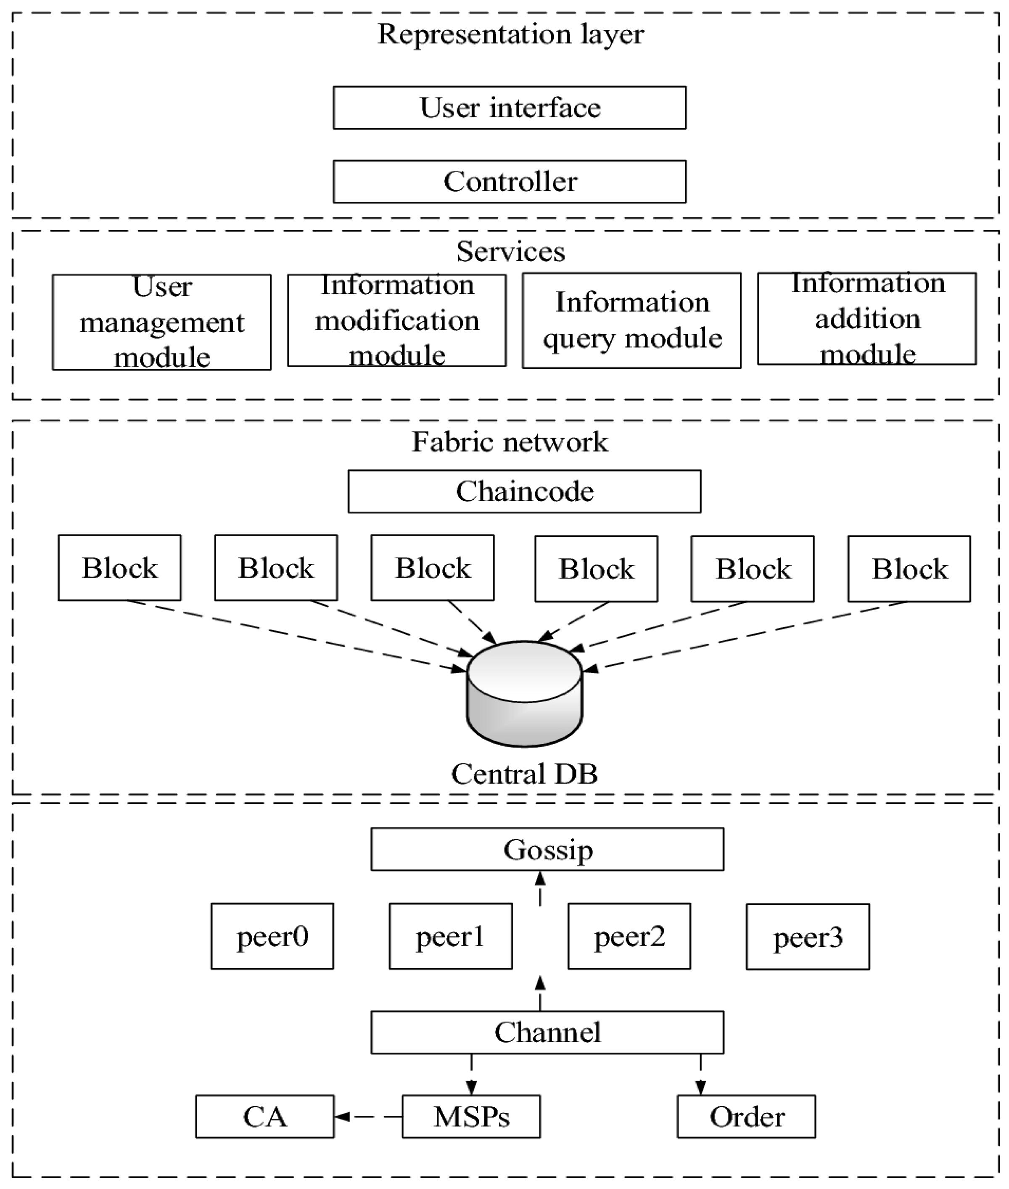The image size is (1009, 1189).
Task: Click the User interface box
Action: (510, 108)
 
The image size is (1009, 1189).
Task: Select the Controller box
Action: (510, 181)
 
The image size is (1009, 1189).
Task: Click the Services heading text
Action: (510, 251)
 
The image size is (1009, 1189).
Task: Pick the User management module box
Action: (162, 322)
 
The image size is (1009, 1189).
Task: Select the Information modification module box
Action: (396, 320)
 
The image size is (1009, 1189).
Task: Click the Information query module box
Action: (631, 320)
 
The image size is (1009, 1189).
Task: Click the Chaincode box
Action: (525, 491)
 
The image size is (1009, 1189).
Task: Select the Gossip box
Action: (547, 849)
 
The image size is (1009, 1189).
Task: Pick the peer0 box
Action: (272, 936)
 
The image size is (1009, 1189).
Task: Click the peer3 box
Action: (808, 937)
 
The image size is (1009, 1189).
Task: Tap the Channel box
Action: (547, 1032)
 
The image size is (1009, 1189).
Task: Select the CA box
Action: (265, 1116)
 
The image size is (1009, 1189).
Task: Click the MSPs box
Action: (471, 1116)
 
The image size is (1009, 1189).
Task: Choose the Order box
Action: (747, 1116)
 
